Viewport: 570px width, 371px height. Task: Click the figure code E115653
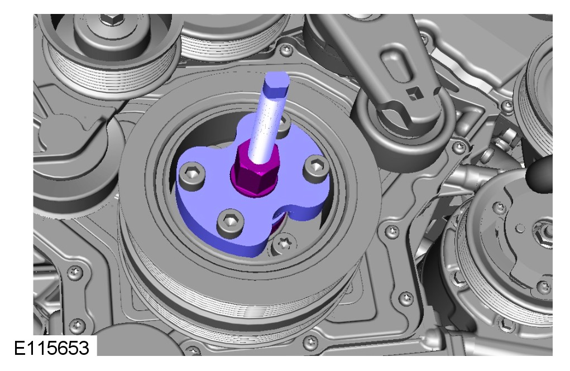[51, 348]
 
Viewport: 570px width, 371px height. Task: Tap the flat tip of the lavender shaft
[277, 80]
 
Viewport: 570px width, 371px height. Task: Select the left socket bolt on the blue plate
[191, 175]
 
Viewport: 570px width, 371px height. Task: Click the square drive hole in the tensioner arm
[413, 94]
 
